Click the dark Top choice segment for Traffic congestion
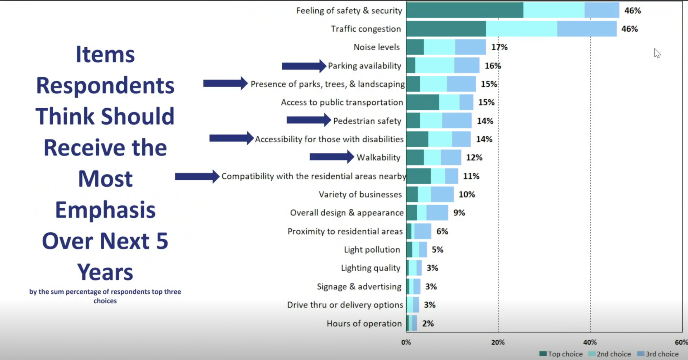pyautogui.click(x=446, y=29)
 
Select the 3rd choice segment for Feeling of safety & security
pyautogui.click(x=602, y=10)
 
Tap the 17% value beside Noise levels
pyautogui.click(x=500, y=47)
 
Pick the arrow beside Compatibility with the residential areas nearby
pyautogui.click(x=197, y=176)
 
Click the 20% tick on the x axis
pyautogui.click(x=498, y=342)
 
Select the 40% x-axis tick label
pyautogui.click(x=590, y=342)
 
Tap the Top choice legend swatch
pyautogui.click(x=543, y=354)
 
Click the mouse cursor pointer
pyautogui.click(x=657, y=53)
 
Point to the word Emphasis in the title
pyautogui.click(x=105, y=210)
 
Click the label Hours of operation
pyautogui.click(x=364, y=323)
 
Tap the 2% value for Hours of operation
pyautogui.click(x=428, y=323)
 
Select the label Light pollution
pyautogui.click(x=372, y=250)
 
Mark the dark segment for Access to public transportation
pyautogui.click(x=422, y=102)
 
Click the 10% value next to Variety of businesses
pyautogui.click(x=467, y=194)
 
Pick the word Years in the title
pyautogui.click(x=105, y=272)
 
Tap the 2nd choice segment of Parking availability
pyautogui.click(x=435, y=66)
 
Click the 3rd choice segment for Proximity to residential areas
pyautogui.click(x=423, y=231)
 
